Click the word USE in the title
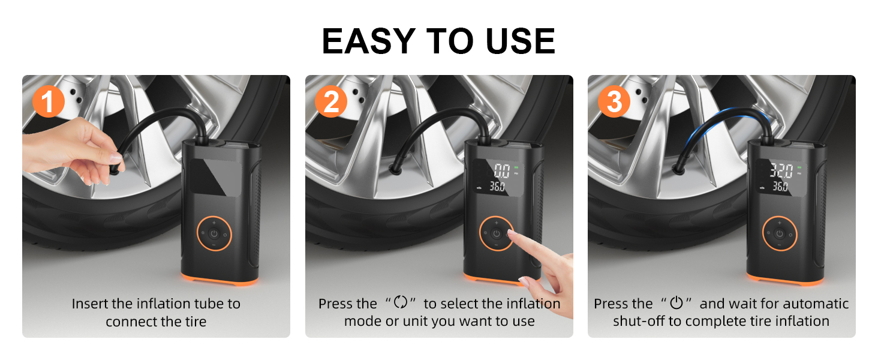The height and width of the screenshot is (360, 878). pyautogui.click(x=515, y=41)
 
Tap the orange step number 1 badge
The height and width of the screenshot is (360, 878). pyautogui.click(x=48, y=103)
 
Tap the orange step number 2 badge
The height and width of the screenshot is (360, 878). pyautogui.click(x=331, y=103)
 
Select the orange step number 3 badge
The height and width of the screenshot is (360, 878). pyautogui.click(x=614, y=103)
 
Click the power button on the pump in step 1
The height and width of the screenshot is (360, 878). pyautogui.click(x=214, y=233)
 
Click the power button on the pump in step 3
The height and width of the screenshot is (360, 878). pyautogui.click(x=779, y=233)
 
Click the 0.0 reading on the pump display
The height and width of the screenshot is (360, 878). pyautogui.click(x=501, y=169)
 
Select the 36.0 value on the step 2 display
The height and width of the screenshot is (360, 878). pyautogui.click(x=496, y=187)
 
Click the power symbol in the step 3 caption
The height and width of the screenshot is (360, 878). pyautogui.click(x=676, y=304)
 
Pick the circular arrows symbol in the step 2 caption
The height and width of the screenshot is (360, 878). pyautogui.click(x=400, y=304)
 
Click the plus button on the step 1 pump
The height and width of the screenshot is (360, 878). pyautogui.click(x=214, y=223)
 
